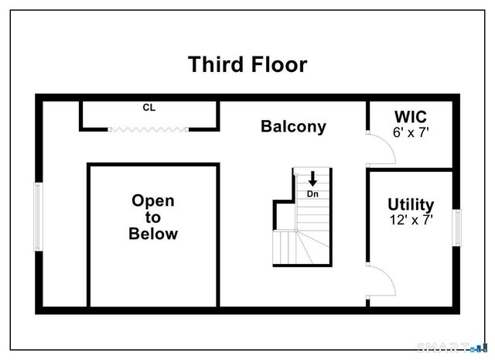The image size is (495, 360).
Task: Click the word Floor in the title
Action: click(x=277, y=64)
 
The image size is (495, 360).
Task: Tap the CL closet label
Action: click(x=148, y=108)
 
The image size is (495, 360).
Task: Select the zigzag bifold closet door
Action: click(x=148, y=129)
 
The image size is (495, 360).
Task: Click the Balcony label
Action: click(x=293, y=126)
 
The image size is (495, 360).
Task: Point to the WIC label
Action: click(x=411, y=116)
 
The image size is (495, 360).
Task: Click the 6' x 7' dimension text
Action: click(x=411, y=132)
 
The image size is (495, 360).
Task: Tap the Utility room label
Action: click(x=411, y=204)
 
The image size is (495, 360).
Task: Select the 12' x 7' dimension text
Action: click(x=411, y=220)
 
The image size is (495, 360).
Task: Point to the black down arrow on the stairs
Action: click(x=312, y=178)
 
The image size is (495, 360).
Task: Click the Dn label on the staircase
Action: click(x=312, y=193)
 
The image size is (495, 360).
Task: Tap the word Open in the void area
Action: click(x=152, y=201)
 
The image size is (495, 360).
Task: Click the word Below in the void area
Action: click(x=152, y=234)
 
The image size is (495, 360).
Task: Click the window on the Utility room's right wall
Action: click(x=457, y=227)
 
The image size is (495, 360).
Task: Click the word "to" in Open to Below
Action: click(x=152, y=218)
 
